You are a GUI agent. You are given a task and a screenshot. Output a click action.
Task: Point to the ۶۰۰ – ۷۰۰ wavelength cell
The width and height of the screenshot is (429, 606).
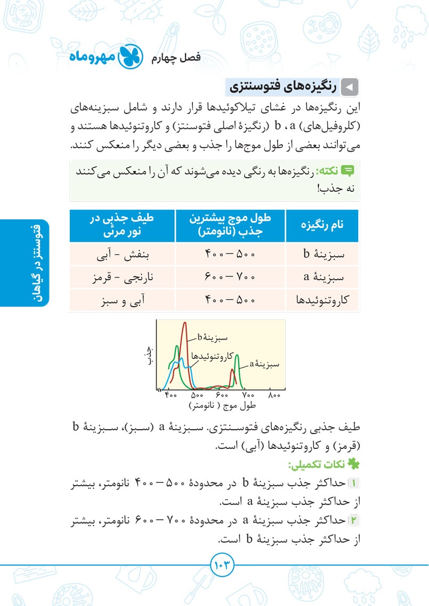230,277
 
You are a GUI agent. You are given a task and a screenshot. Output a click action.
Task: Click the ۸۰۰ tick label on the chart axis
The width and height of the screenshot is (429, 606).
273,396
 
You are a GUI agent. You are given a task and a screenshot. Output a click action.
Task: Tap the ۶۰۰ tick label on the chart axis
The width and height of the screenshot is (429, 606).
222,396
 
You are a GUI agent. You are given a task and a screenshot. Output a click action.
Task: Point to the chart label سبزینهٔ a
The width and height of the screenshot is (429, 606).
264,365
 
